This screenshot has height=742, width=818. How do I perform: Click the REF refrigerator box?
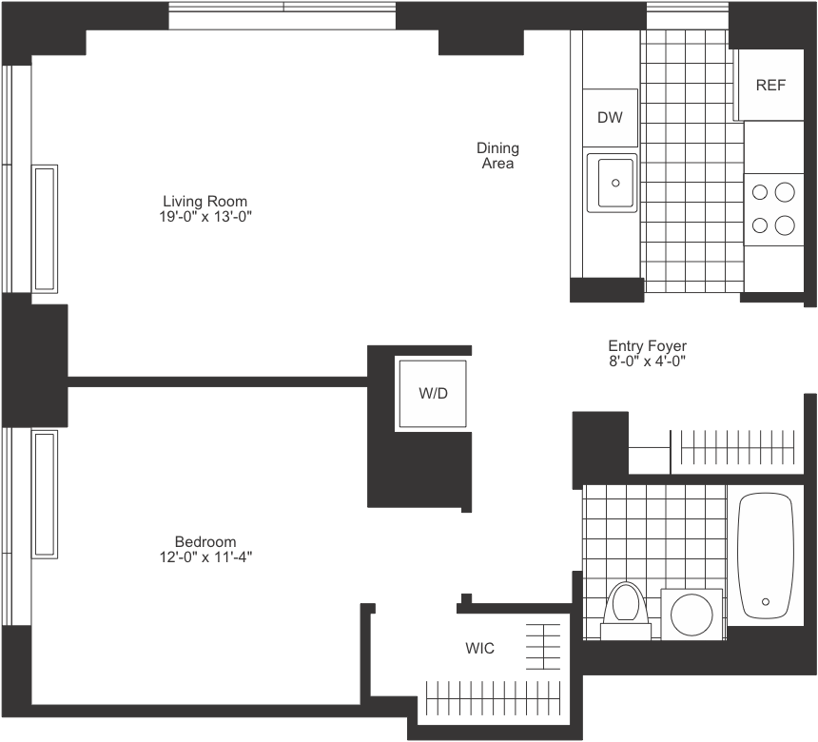[x=770, y=85]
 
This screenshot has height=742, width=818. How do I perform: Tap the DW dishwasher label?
[x=610, y=118]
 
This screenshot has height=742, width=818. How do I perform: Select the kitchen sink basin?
[x=611, y=181]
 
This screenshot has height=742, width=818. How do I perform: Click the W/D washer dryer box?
[x=433, y=394]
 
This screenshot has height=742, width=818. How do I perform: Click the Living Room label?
[x=205, y=201]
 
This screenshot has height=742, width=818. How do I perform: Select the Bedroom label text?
[x=205, y=541]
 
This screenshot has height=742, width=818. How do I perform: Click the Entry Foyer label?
[x=647, y=346]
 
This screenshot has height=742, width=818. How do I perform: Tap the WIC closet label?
[x=479, y=649]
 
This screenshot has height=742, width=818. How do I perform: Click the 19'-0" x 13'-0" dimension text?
[x=205, y=216]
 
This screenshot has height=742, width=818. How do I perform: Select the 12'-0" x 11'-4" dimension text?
[x=205, y=556]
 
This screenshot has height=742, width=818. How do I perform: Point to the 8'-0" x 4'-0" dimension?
[x=647, y=361]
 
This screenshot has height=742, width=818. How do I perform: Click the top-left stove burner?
[x=761, y=192]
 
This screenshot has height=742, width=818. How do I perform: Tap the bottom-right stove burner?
[x=784, y=225]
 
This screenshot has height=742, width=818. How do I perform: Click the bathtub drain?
[x=765, y=601]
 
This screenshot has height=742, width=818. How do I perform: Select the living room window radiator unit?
[x=45, y=228]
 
